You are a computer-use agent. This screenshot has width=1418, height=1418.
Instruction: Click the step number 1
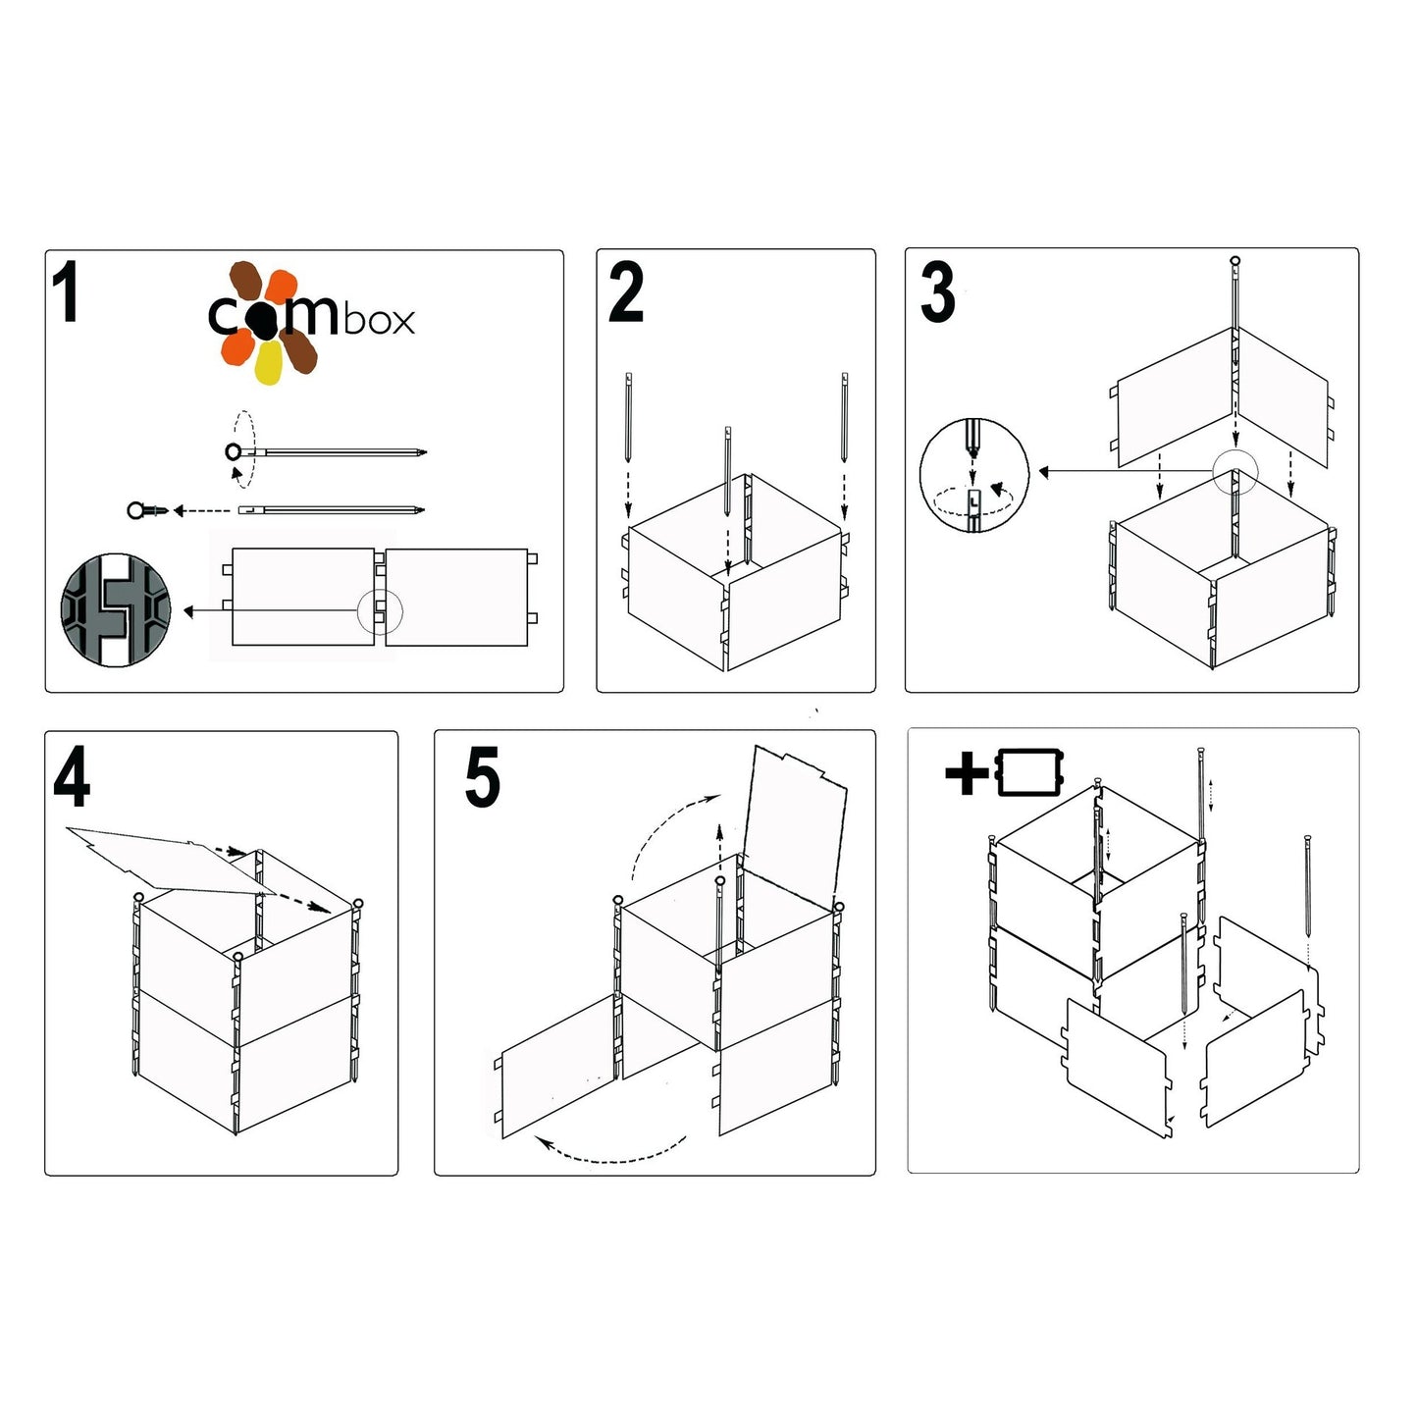tap(66, 292)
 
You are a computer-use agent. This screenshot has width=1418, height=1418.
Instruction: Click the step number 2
tap(626, 292)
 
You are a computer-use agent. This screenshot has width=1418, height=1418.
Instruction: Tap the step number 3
tap(937, 292)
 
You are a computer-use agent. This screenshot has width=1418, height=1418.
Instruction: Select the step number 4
tap(72, 777)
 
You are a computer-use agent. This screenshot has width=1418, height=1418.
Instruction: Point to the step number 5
tap(482, 777)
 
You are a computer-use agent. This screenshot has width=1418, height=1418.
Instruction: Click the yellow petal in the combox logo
tap(268, 364)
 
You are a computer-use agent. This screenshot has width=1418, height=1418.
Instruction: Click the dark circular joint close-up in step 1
tap(116, 610)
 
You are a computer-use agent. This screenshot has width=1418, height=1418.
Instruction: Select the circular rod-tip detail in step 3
tap(973, 475)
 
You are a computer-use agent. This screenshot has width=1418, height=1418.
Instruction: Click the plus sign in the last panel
tap(967, 774)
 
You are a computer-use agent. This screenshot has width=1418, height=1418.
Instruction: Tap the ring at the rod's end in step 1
tap(234, 451)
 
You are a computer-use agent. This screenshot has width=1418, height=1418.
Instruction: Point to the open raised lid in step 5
tap(795, 819)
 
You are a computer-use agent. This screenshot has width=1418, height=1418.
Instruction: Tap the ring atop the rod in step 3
tap(1234, 261)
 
